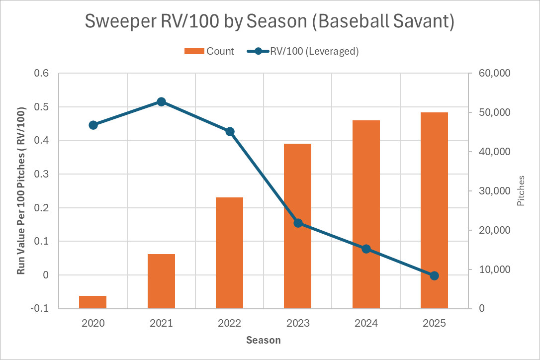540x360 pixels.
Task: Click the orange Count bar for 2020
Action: pyautogui.click(x=92, y=302)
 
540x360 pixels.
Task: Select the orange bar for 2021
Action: pyautogui.click(x=161, y=281)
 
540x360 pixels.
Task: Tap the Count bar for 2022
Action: pyautogui.click(x=229, y=253)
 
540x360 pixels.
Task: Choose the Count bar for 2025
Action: pyautogui.click(x=434, y=210)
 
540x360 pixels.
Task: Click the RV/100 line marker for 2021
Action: pyautogui.click(x=161, y=101)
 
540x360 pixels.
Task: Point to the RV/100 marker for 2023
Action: pyautogui.click(x=298, y=223)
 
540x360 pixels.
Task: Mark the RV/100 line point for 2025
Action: pyautogui.click(x=434, y=275)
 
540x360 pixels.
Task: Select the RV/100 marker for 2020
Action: pyautogui.click(x=93, y=125)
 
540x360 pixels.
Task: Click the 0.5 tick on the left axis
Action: pyautogui.click(x=42, y=107)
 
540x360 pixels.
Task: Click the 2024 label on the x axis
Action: pyautogui.click(x=366, y=323)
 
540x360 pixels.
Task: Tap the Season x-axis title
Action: pyautogui.click(x=264, y=341)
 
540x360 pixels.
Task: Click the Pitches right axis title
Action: pyautogui.click(x=521, y=190)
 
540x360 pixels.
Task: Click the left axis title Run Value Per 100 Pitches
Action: pyautogui.click(x=21, y=190)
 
